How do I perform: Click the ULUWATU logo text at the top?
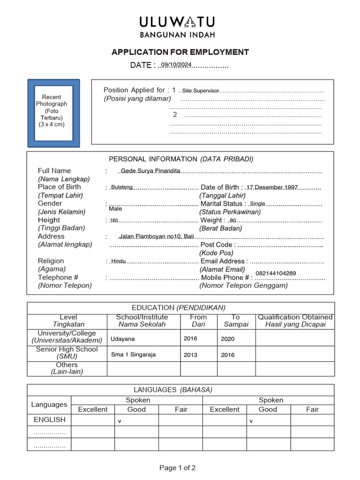(177, 22)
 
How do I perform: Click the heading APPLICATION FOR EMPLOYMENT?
(180, 52)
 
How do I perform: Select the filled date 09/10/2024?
(176, 65)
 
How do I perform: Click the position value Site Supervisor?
(201, 90)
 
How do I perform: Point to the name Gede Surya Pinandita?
(150, 171)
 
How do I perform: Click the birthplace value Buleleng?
(122, 187)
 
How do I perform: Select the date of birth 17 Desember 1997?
(272, 187)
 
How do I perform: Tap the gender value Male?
(115, 209)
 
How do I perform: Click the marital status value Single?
(258, 203)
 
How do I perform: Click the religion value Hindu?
(119, 261)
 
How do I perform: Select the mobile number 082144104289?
(276, 273)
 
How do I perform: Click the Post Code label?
(216, 245)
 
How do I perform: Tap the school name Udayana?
(123, 338)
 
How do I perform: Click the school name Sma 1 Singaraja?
(133, 355)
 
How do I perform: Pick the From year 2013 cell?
(191, 355)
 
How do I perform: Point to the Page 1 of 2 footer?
(178, 467)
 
